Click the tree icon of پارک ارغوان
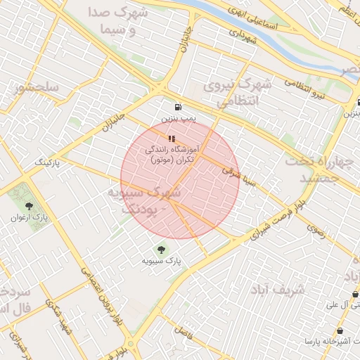coord(29,206)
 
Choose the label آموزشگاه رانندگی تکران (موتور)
coord(173,155)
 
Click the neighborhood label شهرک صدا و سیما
coord(116,21)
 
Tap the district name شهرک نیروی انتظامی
coord(236,93)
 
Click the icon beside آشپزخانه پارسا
coord(341,331)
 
